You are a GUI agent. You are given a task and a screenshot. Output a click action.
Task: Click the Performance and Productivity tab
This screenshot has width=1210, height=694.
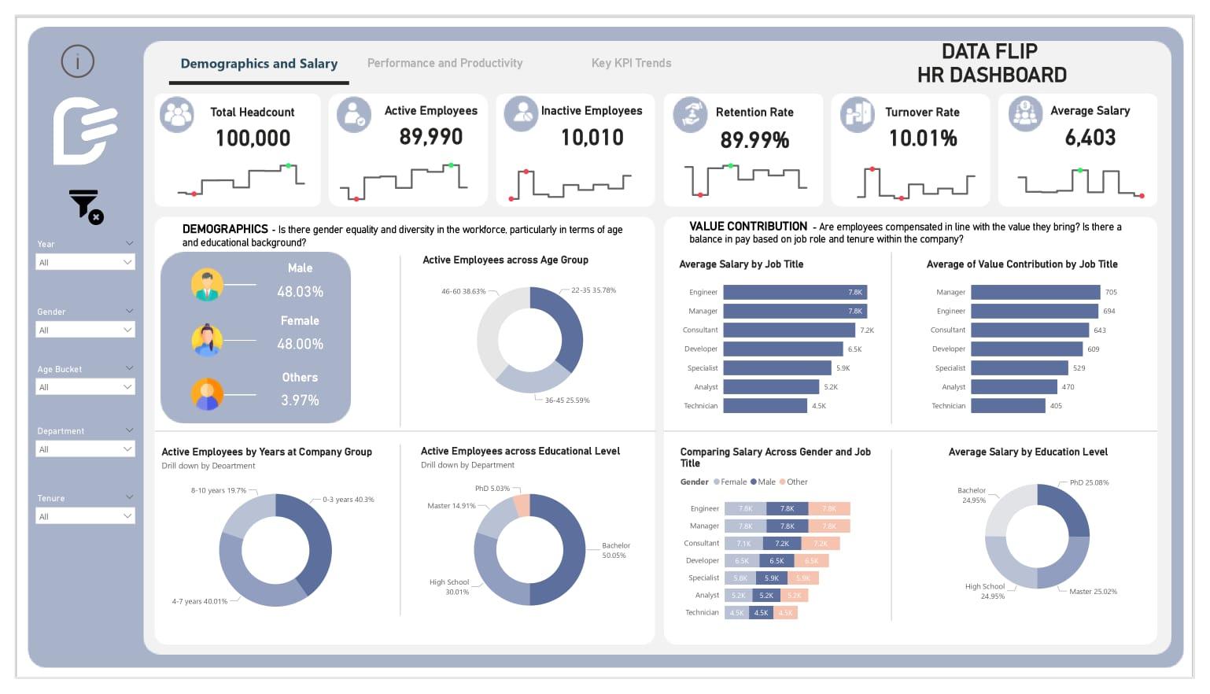[x=445, y=63]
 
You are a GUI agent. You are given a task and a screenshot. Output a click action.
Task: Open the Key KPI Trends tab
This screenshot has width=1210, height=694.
[x=631, y=63]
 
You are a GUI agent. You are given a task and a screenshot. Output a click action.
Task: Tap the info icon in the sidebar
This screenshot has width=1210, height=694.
[x=78, y=61]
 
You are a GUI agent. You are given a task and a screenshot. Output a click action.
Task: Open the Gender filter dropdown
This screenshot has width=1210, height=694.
[x=85, y=330]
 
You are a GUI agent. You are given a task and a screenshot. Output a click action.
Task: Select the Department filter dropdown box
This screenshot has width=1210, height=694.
[x=85, y=449]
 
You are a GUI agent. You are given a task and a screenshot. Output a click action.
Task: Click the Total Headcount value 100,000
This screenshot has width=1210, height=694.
[x=253, y=138]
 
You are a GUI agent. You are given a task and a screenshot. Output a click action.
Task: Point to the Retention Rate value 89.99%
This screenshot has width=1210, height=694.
[x=754, y=140]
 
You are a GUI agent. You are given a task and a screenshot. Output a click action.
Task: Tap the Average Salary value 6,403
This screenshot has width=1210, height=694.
[x=1090, y=138]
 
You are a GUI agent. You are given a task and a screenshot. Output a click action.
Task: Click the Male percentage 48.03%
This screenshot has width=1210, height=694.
[x=300, y=292]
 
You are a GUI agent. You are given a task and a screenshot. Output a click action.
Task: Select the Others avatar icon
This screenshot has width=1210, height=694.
[x=207, y=394]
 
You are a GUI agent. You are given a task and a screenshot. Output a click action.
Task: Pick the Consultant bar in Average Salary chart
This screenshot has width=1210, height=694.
[x=788, y=330]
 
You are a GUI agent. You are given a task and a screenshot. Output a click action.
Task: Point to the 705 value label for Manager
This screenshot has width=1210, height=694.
[x=1111, y=292]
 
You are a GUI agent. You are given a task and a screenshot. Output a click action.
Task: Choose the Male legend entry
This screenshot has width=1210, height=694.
[x=763, y=482]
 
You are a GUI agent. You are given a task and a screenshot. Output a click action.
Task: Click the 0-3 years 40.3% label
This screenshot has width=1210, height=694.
[x=348, y=500]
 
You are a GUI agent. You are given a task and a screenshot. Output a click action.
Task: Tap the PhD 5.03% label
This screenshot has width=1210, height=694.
[x=492, y=489]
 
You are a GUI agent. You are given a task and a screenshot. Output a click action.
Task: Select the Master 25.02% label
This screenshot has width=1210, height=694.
[x=1093, y=592]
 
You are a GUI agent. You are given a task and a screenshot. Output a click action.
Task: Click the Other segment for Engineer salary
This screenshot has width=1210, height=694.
[x=829, y=509]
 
